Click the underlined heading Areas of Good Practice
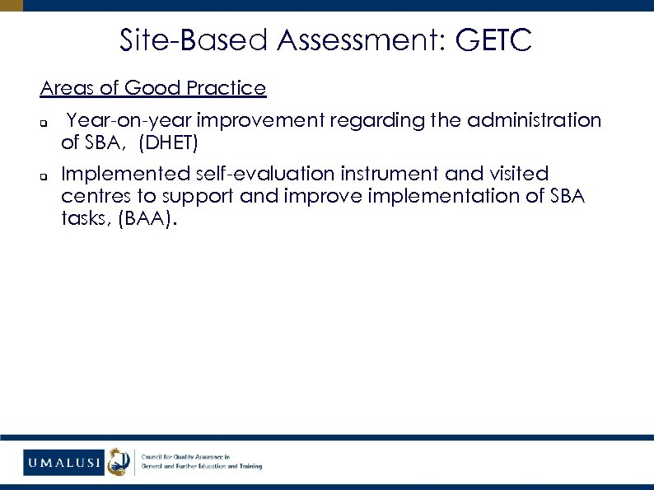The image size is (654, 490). pos(153,87)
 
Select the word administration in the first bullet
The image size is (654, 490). pos(534,120)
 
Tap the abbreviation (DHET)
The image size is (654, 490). pos(169,143)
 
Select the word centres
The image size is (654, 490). pos(96,197)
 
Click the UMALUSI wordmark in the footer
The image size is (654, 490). pos(63,462)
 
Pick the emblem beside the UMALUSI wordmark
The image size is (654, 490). pos(119,461)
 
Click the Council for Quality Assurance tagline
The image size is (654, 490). pos(202,461)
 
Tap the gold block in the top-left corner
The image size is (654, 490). pos(12,5)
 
